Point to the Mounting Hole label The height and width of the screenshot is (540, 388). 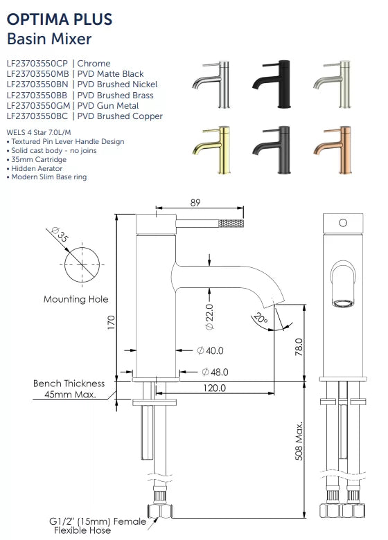point(76,299)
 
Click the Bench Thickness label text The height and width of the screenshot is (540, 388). point(69,383)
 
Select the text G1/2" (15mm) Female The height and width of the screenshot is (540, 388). point(98,521)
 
